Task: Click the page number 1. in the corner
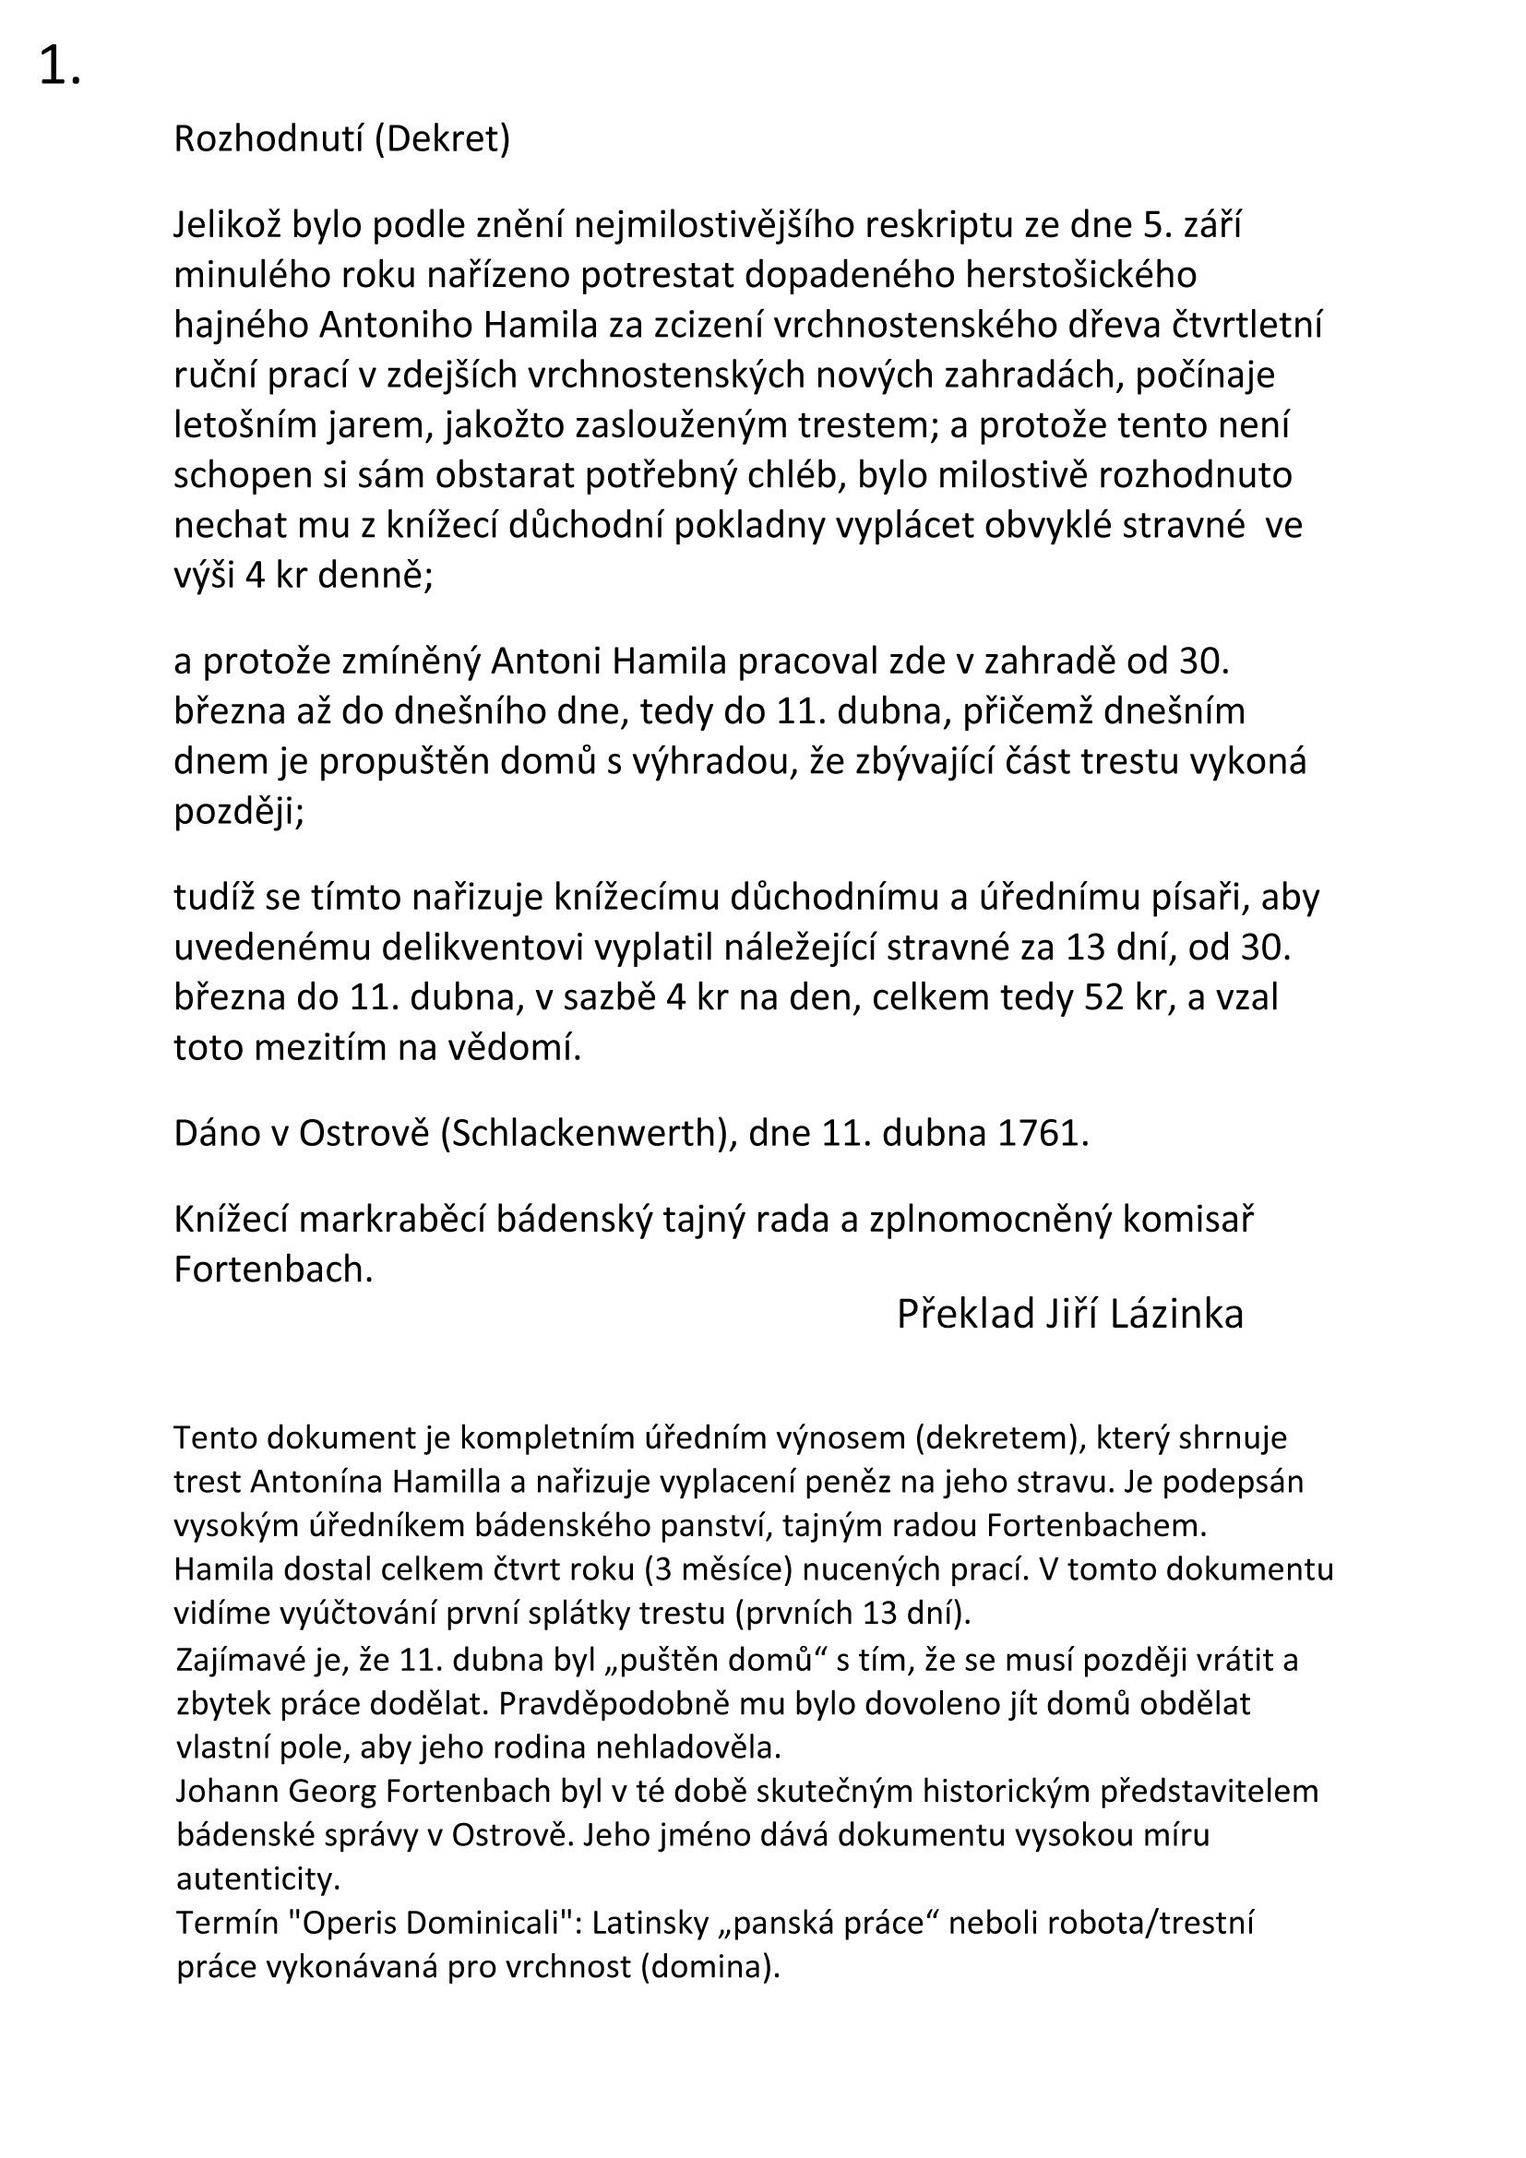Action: tap(59, 67)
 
